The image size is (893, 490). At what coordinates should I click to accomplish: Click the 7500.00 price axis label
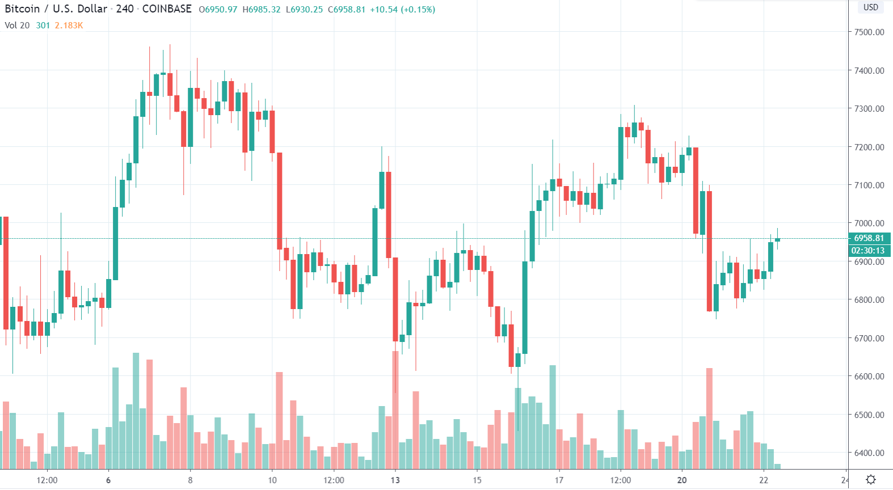click(x=869, y=32)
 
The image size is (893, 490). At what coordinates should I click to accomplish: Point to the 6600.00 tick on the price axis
click(x=869, y=377)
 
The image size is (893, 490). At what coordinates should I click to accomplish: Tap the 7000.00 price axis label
click(x=869, y=223)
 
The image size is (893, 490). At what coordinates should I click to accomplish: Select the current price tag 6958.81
click(x=869, y=238)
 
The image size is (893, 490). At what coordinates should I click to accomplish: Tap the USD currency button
click(x=870, y=7)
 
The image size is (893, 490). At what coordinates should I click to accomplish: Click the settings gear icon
click(x=871, y=480)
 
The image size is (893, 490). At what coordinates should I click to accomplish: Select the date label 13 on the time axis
click(x=395, y=480)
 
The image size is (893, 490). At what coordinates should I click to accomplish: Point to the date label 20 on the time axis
click(x=681, y=480)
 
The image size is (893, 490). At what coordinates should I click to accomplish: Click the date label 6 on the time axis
click(x=108, y=480)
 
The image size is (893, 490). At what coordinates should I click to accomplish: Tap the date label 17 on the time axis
click(x=559, y=480)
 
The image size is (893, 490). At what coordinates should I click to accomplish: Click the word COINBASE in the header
click(x=167, y=9)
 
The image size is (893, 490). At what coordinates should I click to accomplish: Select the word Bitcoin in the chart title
click(x=22, y=9)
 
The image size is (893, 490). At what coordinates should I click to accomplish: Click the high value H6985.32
click(x=262, y=10)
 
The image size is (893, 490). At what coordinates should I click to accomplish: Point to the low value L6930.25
click(x=304, y=10)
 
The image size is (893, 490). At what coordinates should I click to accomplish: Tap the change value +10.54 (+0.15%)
click(x=402, y=10)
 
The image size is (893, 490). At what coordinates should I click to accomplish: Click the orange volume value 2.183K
click(x=69, y=26)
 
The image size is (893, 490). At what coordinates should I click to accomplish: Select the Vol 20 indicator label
click(x=17, y=26)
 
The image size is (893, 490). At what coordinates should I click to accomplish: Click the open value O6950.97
click(x=218, y=10)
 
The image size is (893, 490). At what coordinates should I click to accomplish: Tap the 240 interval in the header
click(x=125, y=9)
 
